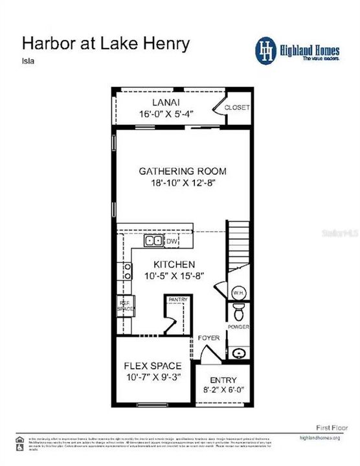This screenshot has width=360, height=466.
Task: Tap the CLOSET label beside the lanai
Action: (x=236, y=107)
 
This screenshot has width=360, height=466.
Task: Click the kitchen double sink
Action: (x=154, y=241)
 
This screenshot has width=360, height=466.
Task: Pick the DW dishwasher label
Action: (x=172, y=241)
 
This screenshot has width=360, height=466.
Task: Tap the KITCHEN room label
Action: (x=174, y=264)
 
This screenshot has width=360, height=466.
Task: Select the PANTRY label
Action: (x=177, y=300)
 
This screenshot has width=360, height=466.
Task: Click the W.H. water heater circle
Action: (x=238, y=293)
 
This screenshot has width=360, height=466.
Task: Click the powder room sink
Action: (x=238, y=353)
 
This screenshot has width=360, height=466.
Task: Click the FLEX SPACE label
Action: (x=153, y=366)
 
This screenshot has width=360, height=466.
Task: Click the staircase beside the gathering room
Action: (x=237, y=246)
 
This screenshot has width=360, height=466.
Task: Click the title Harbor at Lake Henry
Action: (x=106, y=43)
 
